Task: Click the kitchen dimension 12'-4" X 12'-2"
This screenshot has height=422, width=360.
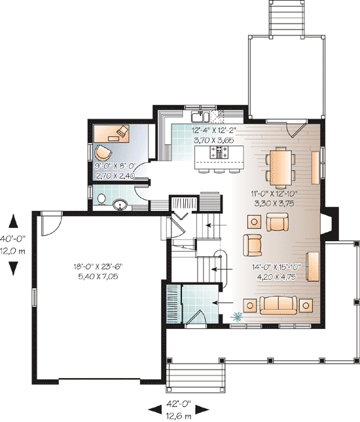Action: point(214,130)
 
